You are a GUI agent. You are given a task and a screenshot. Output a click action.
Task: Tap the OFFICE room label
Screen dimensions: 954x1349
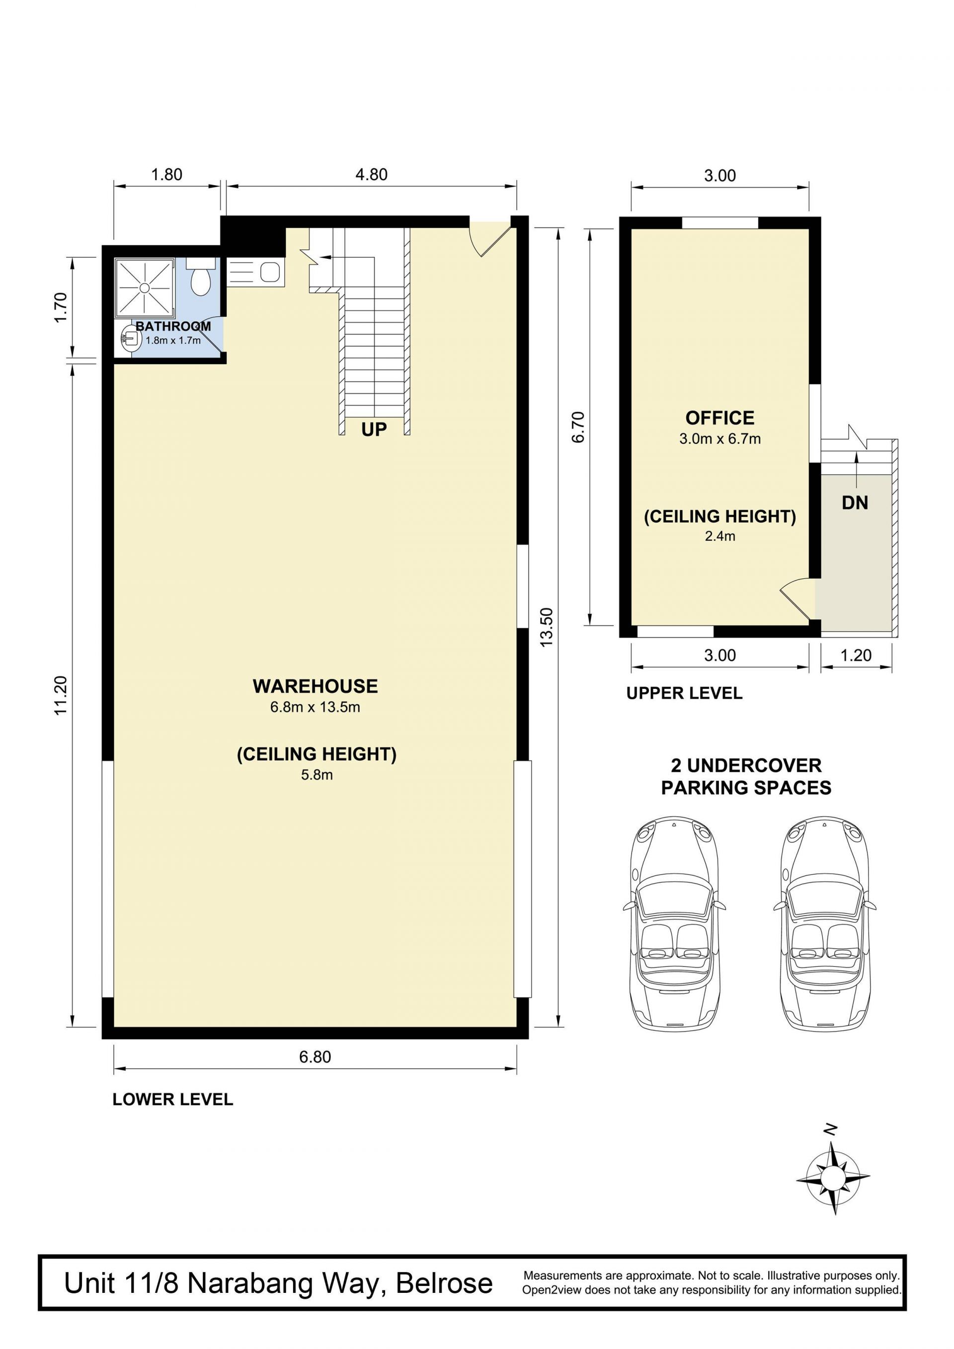click(x=719, y=418)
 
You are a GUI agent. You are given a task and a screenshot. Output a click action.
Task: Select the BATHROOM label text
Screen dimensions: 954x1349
click(x=173, y=326)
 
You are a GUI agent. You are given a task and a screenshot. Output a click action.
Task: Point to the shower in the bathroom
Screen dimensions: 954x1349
click(x=145, y=287)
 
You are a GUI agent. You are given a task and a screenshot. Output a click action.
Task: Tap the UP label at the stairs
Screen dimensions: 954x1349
click(x=374, y=430)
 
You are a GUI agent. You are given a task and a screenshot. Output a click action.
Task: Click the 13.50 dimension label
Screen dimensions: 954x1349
click(x=547, y=627)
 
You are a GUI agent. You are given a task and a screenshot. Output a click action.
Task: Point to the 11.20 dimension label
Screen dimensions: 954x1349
click(x=61, y=696)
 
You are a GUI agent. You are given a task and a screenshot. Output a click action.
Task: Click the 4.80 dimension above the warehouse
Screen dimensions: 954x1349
click(x=372, y=174)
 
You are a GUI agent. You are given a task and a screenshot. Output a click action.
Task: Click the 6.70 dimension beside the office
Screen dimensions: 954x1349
click(x=578, y=427)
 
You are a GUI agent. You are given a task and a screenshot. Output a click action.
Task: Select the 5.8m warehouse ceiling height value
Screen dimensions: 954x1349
click(x=317, y=775)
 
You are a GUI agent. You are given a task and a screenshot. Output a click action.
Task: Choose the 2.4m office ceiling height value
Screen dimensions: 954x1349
click(x=720, y=536)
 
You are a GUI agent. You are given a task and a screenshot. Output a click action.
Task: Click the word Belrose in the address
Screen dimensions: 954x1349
click(x=444, y=1284)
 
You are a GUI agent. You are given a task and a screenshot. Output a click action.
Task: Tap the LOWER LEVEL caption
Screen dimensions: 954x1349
click(x=173, y=1099)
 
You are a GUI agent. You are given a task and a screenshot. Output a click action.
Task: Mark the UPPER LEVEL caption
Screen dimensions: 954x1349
click(x=684, y=693)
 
